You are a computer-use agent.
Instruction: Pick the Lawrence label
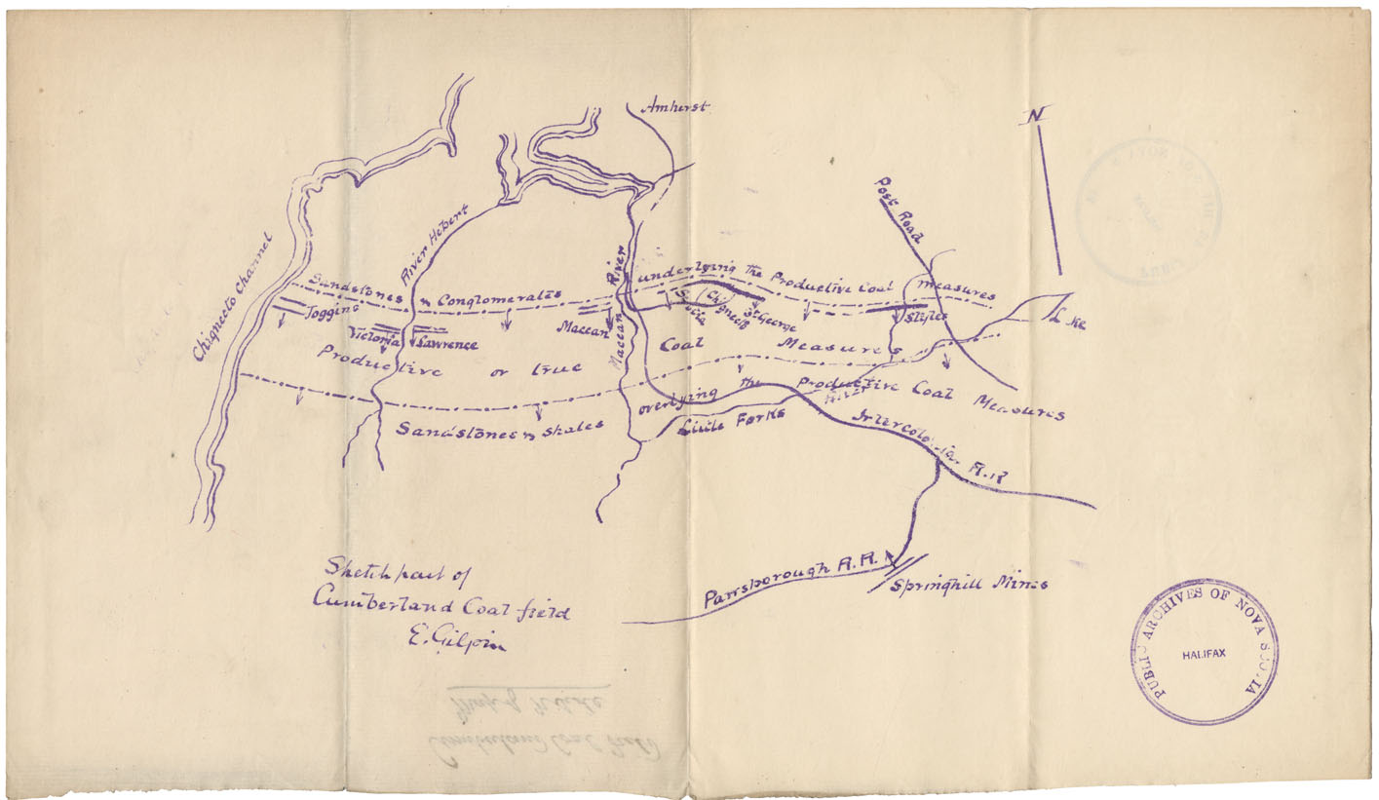pyautogui.click(x=444, y=344)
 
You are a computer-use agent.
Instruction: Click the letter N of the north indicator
pyautogui.click(x=1032, y=117)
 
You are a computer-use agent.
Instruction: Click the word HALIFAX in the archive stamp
pyautogui.click(x=1204, y=658)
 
